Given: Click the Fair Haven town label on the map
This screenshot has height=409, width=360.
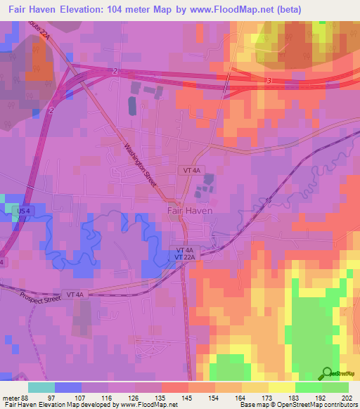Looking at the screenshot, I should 189,209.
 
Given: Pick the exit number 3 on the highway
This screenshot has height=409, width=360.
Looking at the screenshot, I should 269,82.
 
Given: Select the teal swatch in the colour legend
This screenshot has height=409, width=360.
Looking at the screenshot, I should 41,388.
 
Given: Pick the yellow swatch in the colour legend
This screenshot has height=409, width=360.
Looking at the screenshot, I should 282,388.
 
